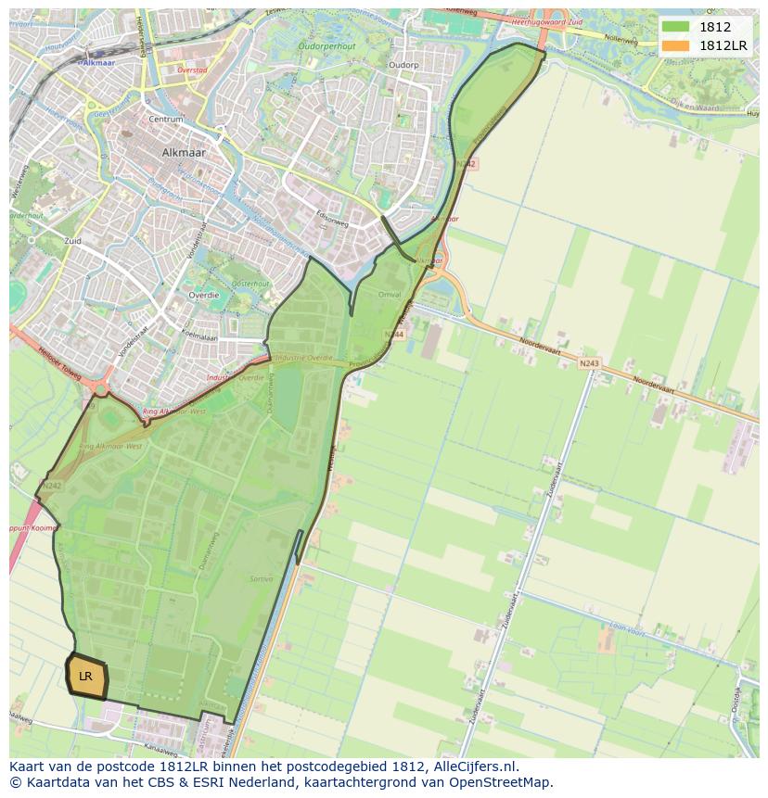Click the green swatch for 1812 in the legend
point(675,26)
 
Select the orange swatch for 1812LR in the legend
point(675,45)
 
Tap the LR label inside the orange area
point(85,677)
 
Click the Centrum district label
point(165,120)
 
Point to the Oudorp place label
point(403,65)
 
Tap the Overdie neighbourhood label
point(203,295)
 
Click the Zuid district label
point(72,241)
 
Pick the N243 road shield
point(588,363)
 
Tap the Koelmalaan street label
point(198,336)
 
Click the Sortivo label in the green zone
point(261,578)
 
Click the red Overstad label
point(192,70)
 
